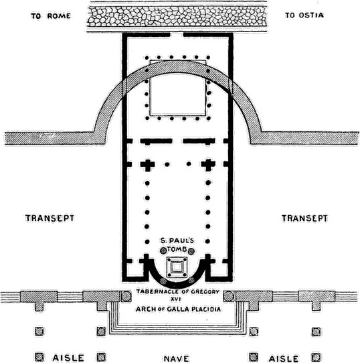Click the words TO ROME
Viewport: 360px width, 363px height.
tap(51, 16)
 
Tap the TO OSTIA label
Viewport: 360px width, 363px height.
tap(304, 15)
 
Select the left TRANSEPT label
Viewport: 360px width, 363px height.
tap(50, 218)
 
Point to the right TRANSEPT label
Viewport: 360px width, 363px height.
tap(304, 218)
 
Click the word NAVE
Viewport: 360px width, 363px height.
tap(176, 358)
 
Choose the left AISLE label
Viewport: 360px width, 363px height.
tap(68, 358)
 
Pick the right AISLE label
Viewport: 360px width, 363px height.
tap(283, 358)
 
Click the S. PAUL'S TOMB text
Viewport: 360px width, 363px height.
tap(177, 245)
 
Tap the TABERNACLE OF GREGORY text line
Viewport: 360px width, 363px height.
tap(177, 292)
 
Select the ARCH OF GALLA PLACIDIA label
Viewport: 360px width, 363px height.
tap(178, 309)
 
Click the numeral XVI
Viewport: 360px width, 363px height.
tap(176, 299)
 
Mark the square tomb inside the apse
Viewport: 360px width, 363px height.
tap(177, 267)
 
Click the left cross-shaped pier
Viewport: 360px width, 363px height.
tap(147, 164)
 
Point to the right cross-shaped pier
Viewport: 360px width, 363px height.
tap(208, 164)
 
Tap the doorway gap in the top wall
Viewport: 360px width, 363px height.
tap(177, 35)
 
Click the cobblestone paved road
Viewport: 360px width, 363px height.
tap(177, 16)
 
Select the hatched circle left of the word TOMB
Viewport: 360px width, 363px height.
tap(163, 250)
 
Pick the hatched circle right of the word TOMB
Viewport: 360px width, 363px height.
tap(191, 251)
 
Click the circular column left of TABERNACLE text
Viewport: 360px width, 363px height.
tap(126, 296)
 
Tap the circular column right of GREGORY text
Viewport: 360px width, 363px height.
tap(228, 296)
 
